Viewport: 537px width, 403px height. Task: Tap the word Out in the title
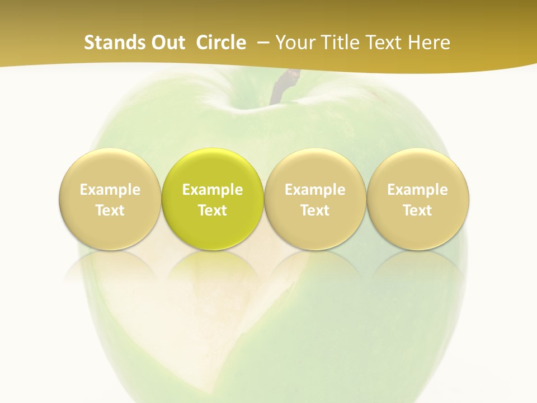click(x=166, y=43)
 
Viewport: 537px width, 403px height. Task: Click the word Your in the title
click(x=294, y=43)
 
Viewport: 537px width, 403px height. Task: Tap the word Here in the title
click(x=430, y=43)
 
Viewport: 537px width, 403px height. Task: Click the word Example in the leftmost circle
click(x=110, y=190)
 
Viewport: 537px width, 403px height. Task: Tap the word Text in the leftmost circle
click(x=110, y=210)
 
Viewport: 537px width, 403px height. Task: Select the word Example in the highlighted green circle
click(x=213, y=190)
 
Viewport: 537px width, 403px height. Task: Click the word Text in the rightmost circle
click(x=418, y=210)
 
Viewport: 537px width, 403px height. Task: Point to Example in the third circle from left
click(x=315, y=190)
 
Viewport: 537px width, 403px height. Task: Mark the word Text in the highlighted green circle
click(x=213, y=210)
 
